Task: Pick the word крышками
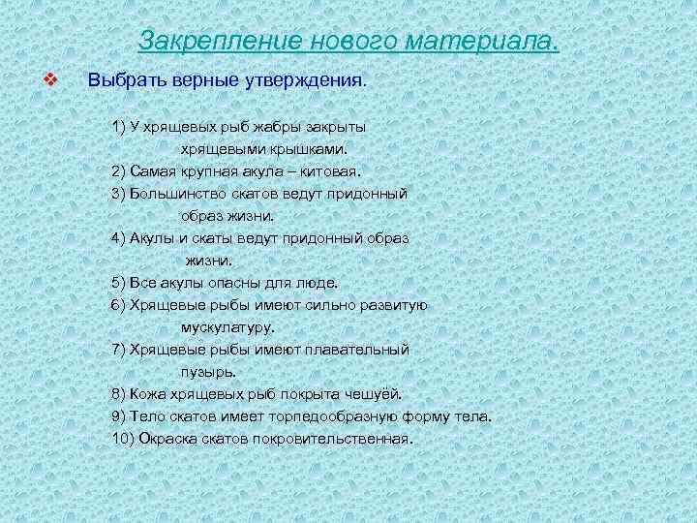[x=309, y=149]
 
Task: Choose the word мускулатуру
[x=227, y=327]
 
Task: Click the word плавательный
[x=360, y=350]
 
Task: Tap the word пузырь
[x=206, y=371]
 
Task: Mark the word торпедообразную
[x=335, y=416]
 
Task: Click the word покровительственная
[x=331, y=439]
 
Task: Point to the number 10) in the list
[x=123, y=439]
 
